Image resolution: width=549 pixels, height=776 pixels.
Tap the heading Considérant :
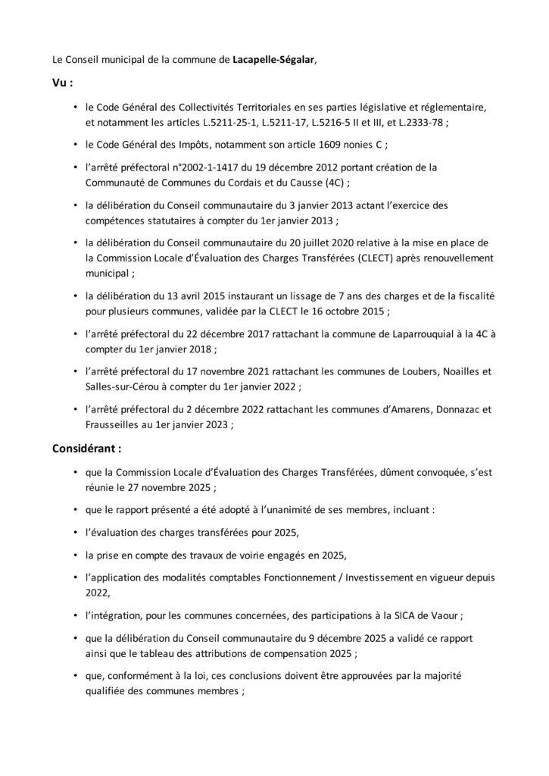88,449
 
